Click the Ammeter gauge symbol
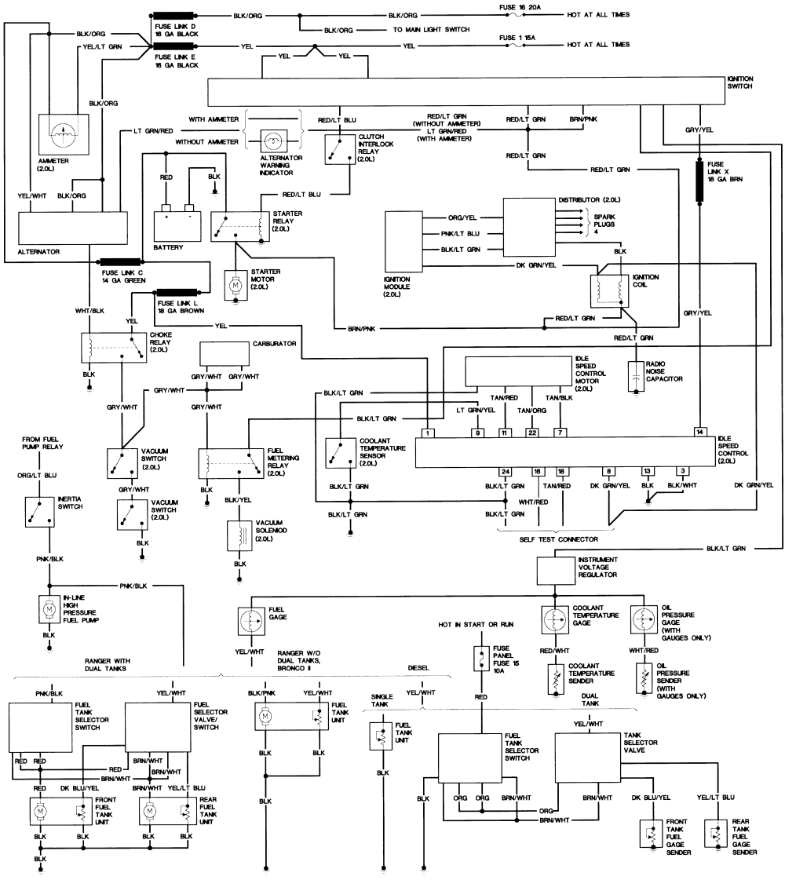pyautogui.click(x=63, y=134)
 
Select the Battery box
pyautogui.click(x=177, y=226)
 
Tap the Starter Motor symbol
pyautogui.click(x=235, y=285)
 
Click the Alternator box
pyautogui.click(x=73, y=228)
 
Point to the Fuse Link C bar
pyautogui.click(x=121, y=261)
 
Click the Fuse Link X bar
pyautogui.click(x=699, y=180)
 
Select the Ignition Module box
pyautogui.click(x=403, y=242)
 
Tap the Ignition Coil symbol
pyautogui.click(x=609, y=290)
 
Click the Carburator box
pyautogui.click(x=225, y=353)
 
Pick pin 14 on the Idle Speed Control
pyautogui.click(x=699, y=432)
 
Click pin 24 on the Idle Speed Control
pyautogui.click(x=505, y=472)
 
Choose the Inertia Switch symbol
pyautogui.click(x=40, y=511)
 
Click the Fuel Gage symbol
pyautogui.click(x=251, y=621)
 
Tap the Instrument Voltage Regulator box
pyautogui.click(x=556, y=570)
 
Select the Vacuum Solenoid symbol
pyautogui.click(x=239, y=535)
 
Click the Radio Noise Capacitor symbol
pyautogui.click(x=635, y=376)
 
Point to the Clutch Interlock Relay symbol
pyautogui.click(x=340, y=149)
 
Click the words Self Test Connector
pyautogui.click(x=558, y=539)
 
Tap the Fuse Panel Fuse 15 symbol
pyautogui.click(x=481, y=659)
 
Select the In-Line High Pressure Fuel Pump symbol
pyautogui.click(x=49, y=609)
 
